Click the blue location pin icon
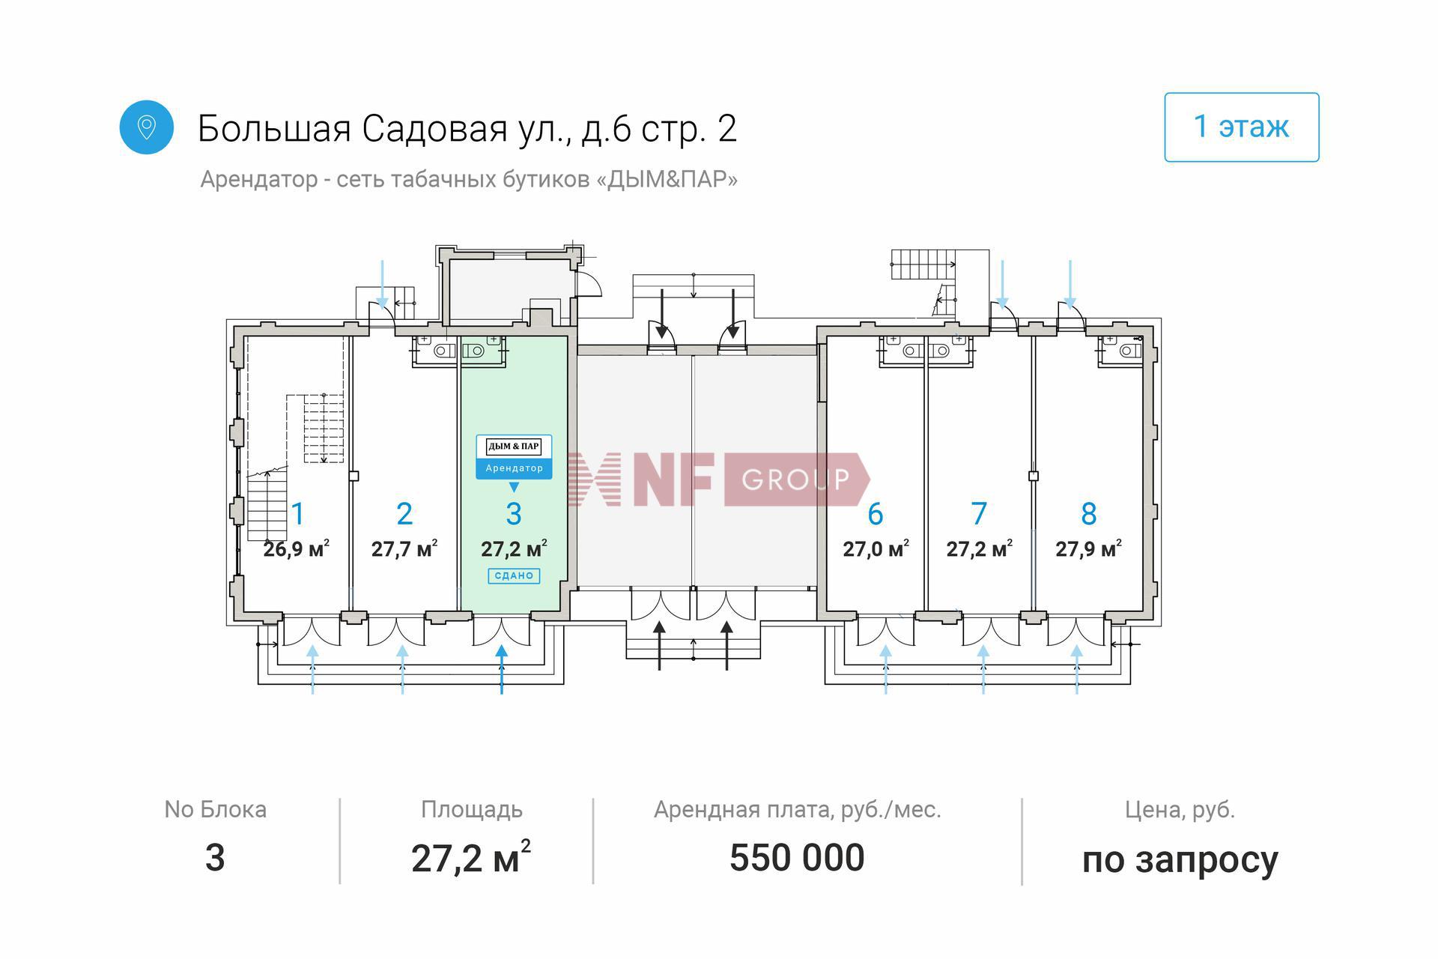[147, 127]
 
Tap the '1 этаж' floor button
[1241, 127]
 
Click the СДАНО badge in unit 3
[514, 575]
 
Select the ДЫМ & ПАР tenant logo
[514, 447]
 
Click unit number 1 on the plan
[297, 514]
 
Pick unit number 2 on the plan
[404, 514]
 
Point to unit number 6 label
[876, 514]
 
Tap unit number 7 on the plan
[979, 514]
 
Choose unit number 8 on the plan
[1089, 514]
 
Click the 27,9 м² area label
[1089, 548]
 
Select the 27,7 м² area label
[404, 548]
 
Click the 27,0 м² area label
[876, 548]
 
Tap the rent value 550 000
[797, 858]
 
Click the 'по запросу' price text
[1180, 859]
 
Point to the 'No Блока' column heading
[216, 809]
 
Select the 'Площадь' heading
[472, 810]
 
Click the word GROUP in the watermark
[795, 479]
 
